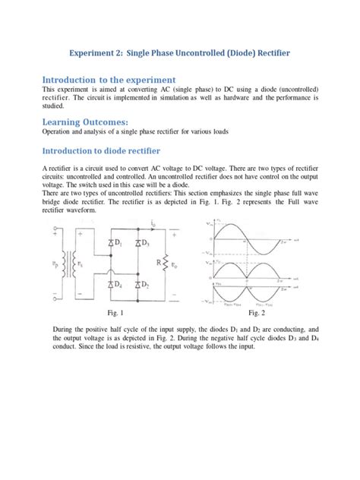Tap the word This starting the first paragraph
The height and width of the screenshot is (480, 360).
pos(49,90)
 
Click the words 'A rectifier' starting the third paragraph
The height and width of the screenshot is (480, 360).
pos(59,168)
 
